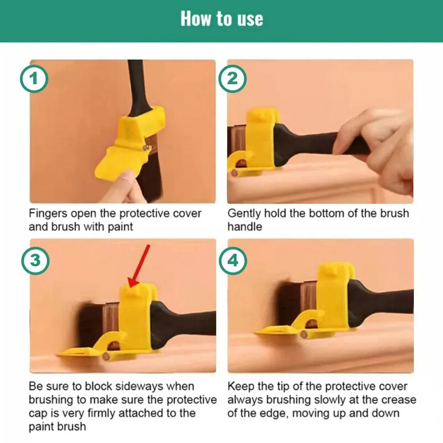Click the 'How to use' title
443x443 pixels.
pyautogui.click(x=221, y=19)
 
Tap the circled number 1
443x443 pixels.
pyautogui.click(x=35, y=79)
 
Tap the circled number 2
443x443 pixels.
pyautogui.click(x=233, y=79)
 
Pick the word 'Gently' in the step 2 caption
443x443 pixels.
pyautogui.click(x=243, y=214)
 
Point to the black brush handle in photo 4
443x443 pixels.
pyautogui.click(x=388, y=302)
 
